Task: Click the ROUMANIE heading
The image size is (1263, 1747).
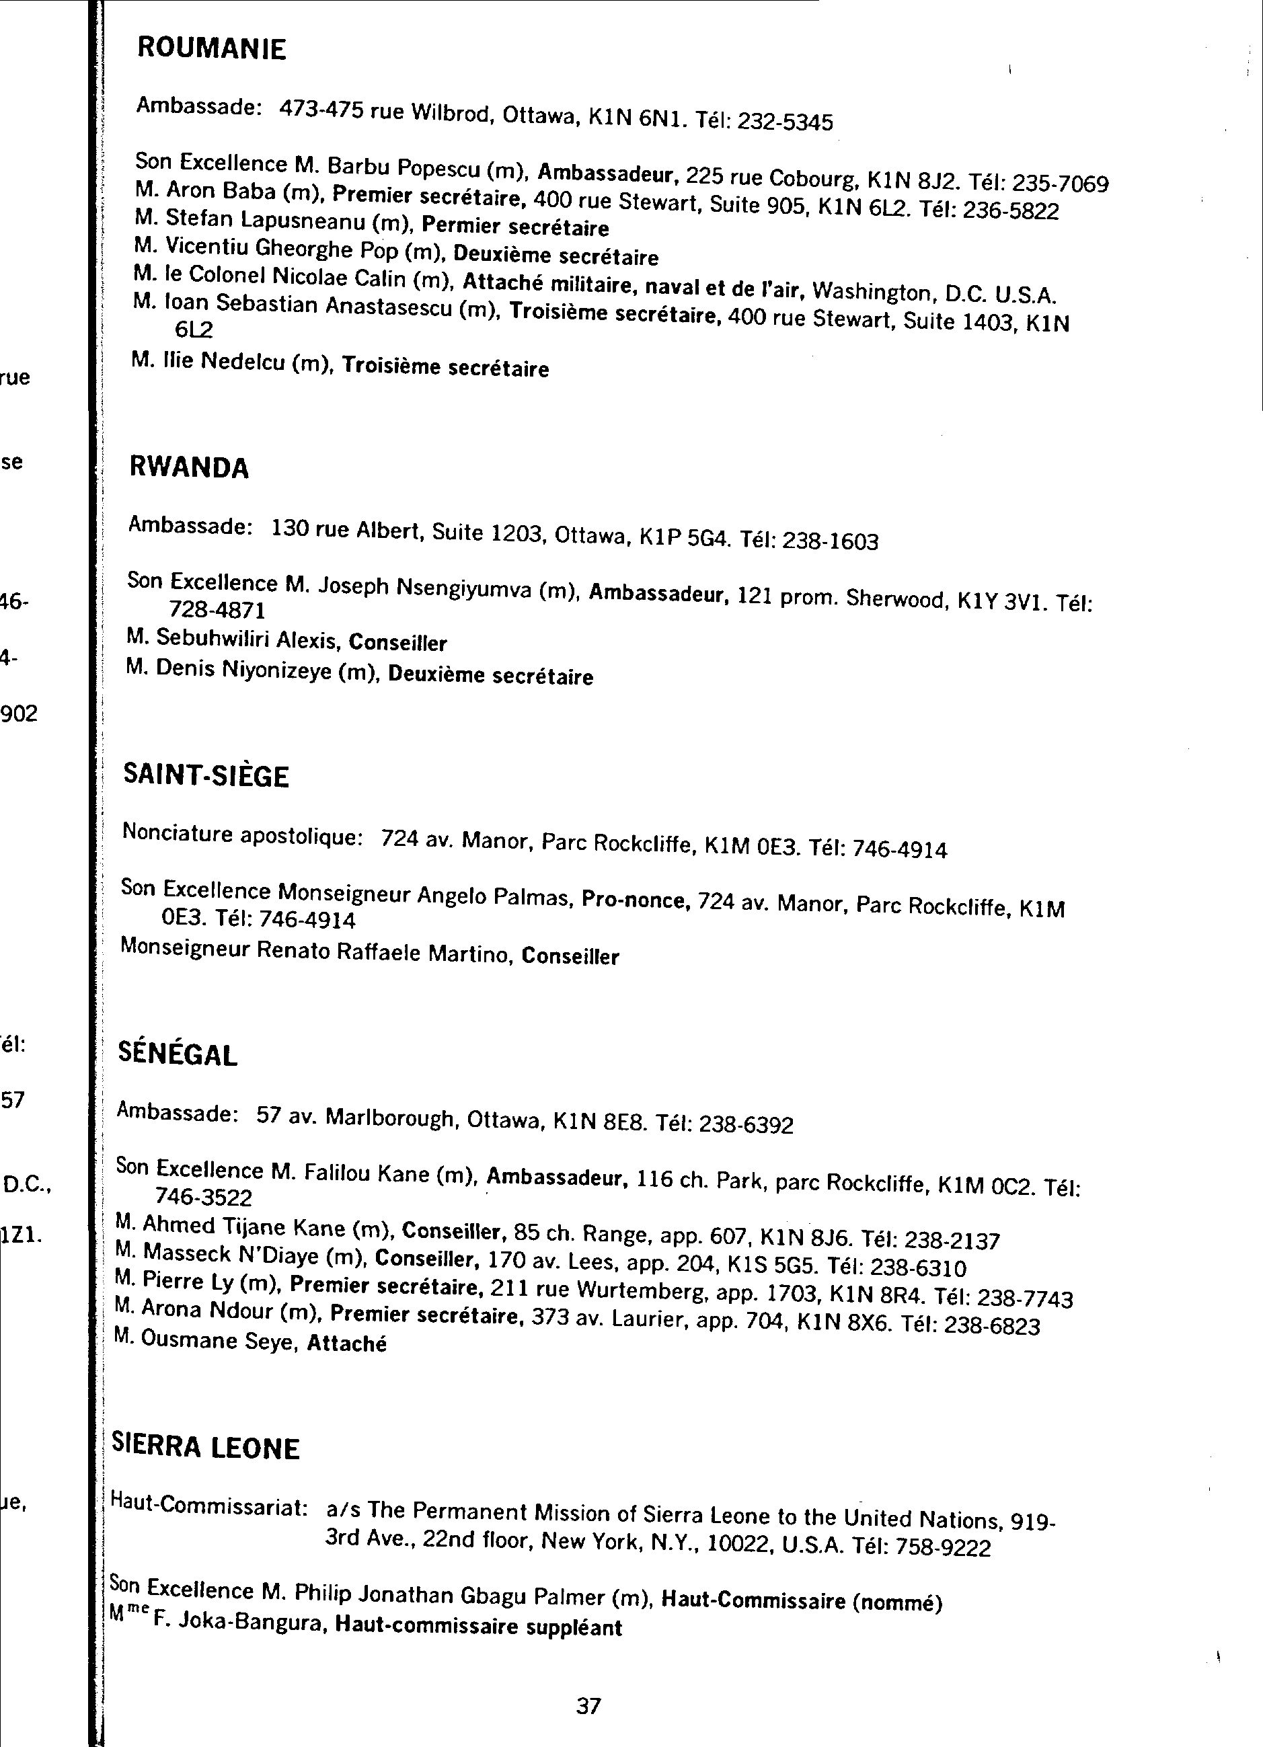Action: pos(211,48)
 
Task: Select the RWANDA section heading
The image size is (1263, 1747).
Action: pos(189,467)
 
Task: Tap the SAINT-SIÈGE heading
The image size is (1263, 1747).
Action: pos(206,776)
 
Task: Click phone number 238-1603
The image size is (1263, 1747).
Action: pos(830,541)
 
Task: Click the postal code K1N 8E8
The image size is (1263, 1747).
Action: pos(598,1122)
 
